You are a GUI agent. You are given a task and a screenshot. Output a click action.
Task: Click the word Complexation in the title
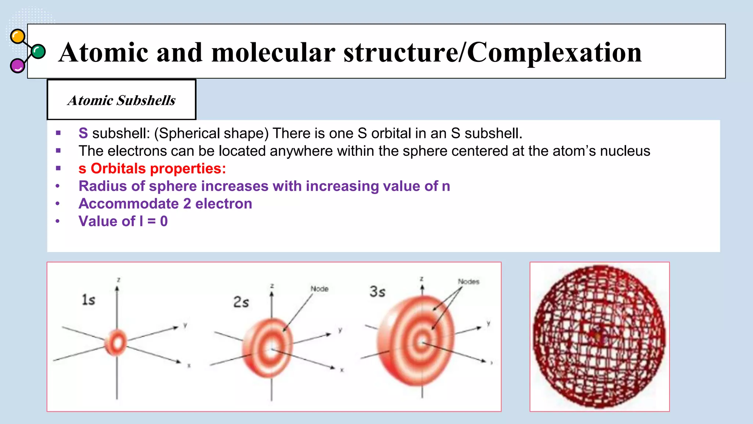(554, 52)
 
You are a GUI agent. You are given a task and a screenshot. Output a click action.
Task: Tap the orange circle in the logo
(17, 36)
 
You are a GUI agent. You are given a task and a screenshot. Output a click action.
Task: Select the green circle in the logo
(38, 52)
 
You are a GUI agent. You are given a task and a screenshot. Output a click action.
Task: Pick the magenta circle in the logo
(17, 66)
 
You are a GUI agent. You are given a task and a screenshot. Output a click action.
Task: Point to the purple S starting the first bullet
(83, 133)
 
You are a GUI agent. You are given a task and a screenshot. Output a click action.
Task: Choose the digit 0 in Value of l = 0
(164, 222)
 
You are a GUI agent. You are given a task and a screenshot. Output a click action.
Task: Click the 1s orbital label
(88, 300)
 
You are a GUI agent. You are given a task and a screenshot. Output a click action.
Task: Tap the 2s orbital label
(241, 302)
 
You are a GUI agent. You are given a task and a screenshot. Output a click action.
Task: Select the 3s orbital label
(377, 292)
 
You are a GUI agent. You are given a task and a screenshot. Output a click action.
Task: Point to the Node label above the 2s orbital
(319, 289)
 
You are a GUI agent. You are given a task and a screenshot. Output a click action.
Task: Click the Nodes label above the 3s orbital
(468, 282)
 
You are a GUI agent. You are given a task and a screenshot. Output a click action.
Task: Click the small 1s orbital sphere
(116, 343)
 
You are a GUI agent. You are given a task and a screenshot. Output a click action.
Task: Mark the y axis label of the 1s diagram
(185, 325)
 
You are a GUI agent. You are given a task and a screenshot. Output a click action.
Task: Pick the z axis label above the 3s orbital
(422, 279)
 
